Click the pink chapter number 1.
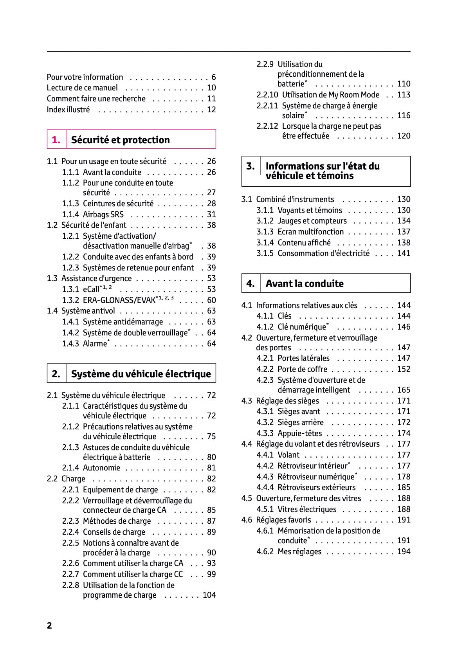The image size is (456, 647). click(x=56, y=140)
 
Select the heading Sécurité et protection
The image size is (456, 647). click(x=120, y=140)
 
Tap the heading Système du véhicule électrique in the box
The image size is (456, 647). click(x=141, y=374)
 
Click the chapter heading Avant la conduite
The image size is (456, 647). click(x=305, y=283)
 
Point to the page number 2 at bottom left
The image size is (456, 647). click(x=49, y=625)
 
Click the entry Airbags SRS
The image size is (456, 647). click(x=103, y=214)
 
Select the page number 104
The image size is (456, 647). click(x=209, y=595)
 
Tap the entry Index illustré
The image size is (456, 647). click(x=68, y=110)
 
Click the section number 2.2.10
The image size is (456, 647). click(x=267, y=95)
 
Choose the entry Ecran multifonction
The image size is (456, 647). click(x=310, y=232)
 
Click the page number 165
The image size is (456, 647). click(x=404, y=390)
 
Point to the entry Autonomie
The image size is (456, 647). click(x=101, y=468)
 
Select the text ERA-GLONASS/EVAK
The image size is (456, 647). click(x=119, y=300)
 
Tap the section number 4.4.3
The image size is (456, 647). click(x=265, y=477)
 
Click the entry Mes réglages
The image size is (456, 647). click(x=299, y=551)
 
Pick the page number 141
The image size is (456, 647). click(x=404, y=253)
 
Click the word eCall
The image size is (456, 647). click(x=91, y=289)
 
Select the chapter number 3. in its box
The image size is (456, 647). click(x=251, y=166)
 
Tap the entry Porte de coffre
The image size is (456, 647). click(x=302, y=369)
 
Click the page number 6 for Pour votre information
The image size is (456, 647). click(x=214, y=77)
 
